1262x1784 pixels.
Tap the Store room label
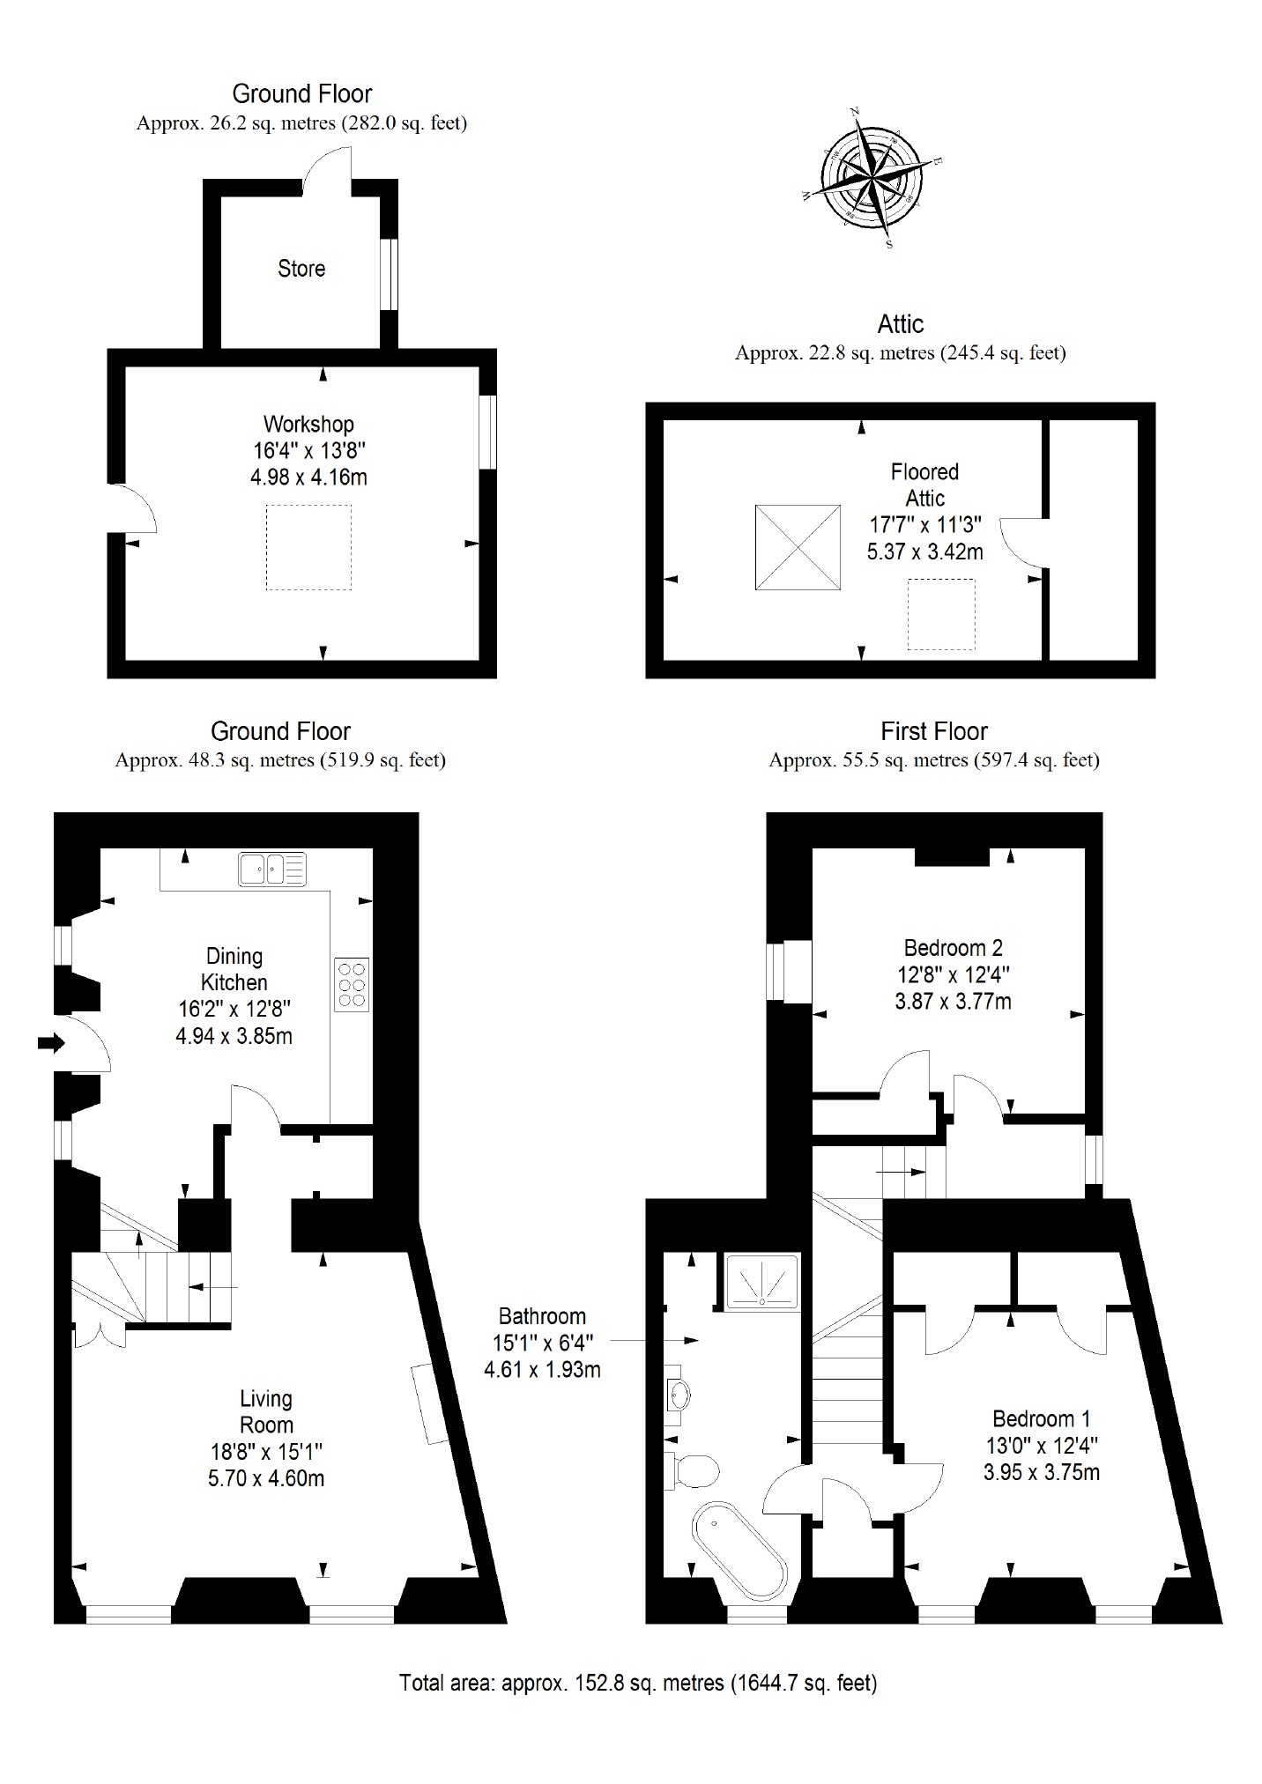tap(301, 269)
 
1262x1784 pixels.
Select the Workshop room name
tap(308, 424)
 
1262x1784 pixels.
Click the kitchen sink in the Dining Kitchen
tap(272, 869)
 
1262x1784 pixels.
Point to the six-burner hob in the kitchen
tap(352, 982)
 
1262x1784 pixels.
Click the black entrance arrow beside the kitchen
tap(51, 1043)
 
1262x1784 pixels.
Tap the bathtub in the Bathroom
tap(739, 1549)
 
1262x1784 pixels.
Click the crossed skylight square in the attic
tap(798, 547)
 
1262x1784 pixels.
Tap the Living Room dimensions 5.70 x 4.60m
tap(266, 1478)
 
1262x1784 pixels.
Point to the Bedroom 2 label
tap(953, 948)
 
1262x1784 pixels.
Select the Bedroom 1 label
tap(1041, 1418)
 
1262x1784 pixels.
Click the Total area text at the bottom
tap(638, 1683)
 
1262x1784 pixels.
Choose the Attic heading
tap(900, 324)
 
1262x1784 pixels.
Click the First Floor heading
tap(934, 731)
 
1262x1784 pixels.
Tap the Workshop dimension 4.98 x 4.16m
tap(308, 477)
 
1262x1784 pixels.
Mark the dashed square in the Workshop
tap(308, 547)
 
